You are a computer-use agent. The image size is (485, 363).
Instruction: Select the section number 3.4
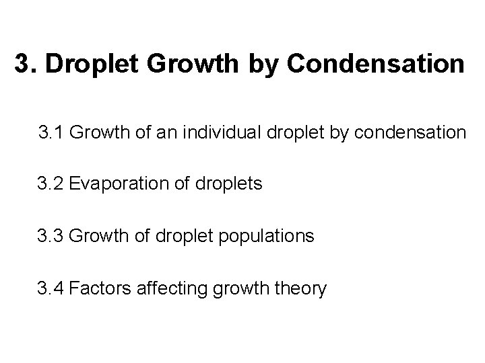point(50,289)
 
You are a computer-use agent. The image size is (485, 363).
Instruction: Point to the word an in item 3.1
point(163,132)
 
